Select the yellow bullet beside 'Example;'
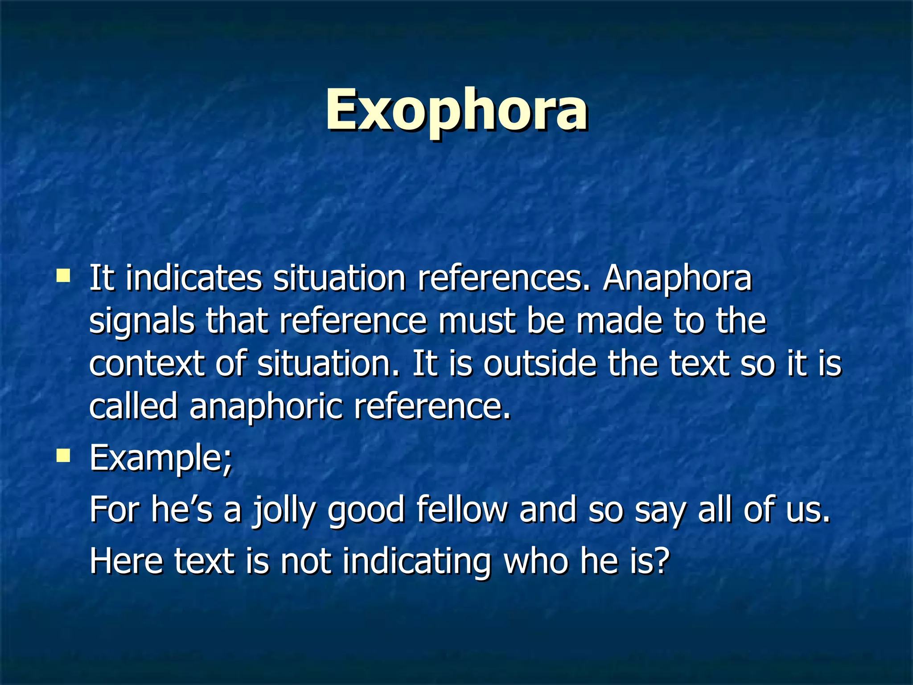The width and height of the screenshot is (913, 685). (63, 455)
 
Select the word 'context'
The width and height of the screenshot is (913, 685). (147, 363)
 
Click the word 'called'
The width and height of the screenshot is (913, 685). (133, 406)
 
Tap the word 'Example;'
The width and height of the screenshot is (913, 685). (161, 458)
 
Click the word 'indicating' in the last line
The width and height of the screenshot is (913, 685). (416, 562)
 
